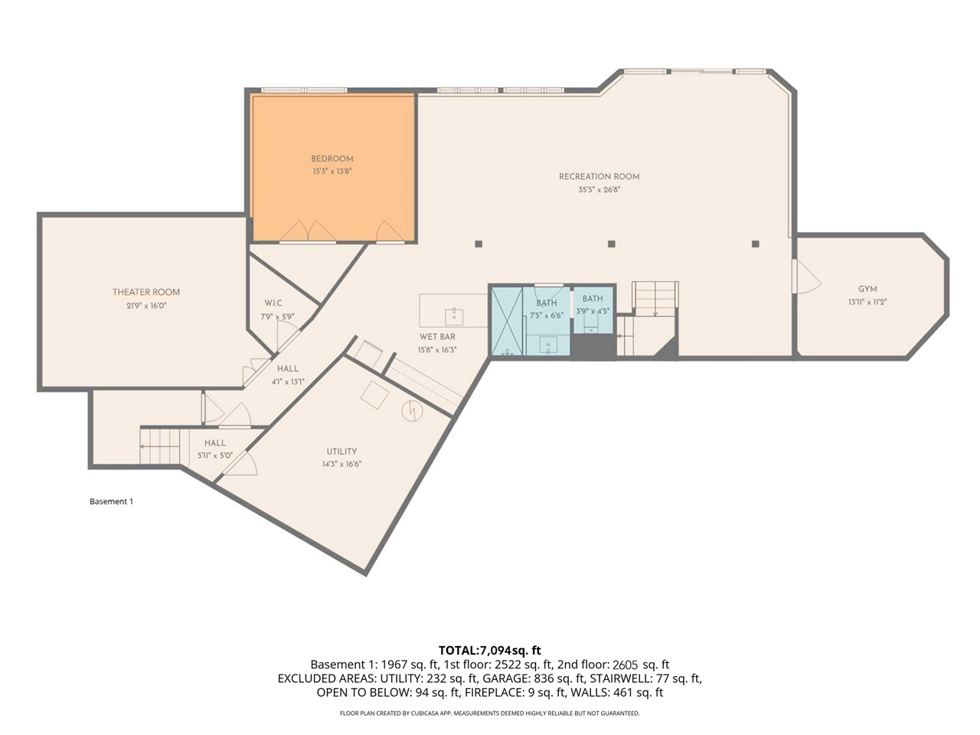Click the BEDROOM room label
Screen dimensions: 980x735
[x=332, y=159]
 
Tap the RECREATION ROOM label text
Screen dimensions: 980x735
[x=599, y=177]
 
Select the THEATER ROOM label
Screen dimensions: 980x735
[x=146, y=292]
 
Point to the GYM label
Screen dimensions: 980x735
[x=867, y=289]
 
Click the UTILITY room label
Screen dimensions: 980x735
[x=341, y=451]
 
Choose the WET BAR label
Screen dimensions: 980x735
[x=437, y=337]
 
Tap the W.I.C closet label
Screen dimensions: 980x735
[x=273, y=303]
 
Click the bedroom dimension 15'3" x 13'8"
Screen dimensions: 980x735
[x=332, y=171]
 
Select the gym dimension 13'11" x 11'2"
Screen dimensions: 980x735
[x=867, y=302]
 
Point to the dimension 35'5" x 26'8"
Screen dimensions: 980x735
[x=599, y=189]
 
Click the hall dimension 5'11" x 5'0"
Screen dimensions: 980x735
[x=215, y=456]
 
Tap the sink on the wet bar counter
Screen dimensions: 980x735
[x=454, y=317]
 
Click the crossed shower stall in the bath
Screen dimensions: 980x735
[x=507, y=322]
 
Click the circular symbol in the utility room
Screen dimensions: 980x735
[x=412, y=411]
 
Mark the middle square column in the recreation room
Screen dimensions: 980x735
[x=612, y=244]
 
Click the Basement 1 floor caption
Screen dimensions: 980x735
[x=112, y=501]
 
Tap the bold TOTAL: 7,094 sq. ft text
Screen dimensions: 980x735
[x=490, y=650]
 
